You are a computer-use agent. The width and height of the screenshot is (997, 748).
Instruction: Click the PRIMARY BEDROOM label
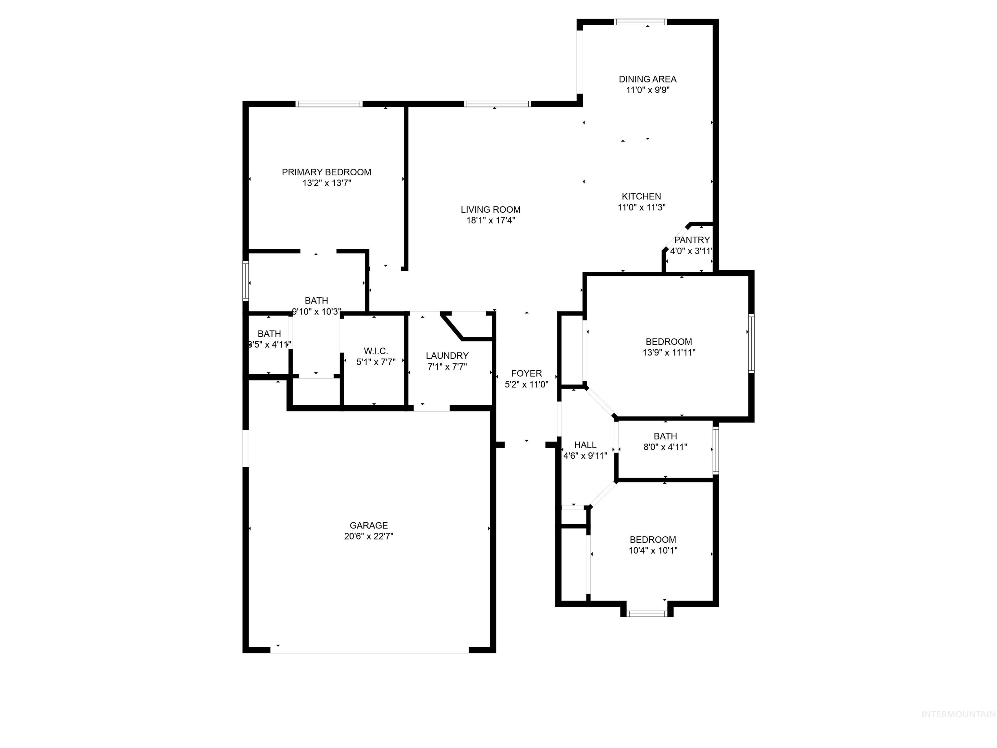pyautogui.click(x=326, y=172)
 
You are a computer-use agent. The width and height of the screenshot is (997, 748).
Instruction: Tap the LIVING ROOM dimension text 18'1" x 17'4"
pyautogui.click(x=490, y=220)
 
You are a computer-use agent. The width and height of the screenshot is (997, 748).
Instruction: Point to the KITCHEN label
pyautogui.click(x=641, y=197)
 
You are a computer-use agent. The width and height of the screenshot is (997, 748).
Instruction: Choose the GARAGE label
pyautogui.click(x=369, y=525)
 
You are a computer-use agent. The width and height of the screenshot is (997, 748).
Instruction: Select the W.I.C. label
pyautogui.click(x=375, y=351)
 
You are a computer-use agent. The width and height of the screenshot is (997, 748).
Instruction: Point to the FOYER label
pyautogui.click(x=526, y=373)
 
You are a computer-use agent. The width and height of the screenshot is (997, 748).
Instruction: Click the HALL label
pyautogui.click(x=585, y=445)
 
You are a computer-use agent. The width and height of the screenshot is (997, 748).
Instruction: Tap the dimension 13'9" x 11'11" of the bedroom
pyautogui.click(x=669, y=353)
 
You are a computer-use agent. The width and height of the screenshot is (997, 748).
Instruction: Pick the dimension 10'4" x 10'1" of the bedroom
pyautogui.click(x=653, y=551)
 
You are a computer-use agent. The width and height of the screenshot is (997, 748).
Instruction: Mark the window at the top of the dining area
pyautogui.click(x=640, y=22)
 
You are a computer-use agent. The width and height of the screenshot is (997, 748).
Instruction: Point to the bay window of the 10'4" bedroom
pyautogui.click(x=647, y=613)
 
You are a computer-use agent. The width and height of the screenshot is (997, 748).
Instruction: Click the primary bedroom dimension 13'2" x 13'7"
pyautogui.click(x=326, y=183)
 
